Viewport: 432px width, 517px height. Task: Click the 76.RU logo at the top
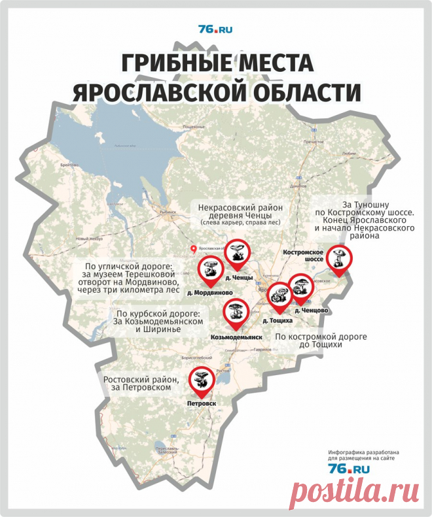pyautogui.click(x=215, y=29)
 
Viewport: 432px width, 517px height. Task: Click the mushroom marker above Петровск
pyautogui.click(x=201, y=380)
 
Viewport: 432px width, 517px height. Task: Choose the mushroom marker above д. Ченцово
pyautogui.click(x=301, y=288)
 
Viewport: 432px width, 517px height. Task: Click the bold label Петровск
pyautogui.click(x=201, y=403)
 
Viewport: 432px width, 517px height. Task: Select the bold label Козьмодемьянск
pyautogui.click(x=236, y=337)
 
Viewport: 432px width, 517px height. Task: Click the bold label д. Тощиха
pyautogui.click(x=277, y=321)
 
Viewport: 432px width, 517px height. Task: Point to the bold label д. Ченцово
pyautogui.click(x=312, y=309)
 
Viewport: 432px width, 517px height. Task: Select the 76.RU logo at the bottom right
pyautogui.click(x=349, y=469)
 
